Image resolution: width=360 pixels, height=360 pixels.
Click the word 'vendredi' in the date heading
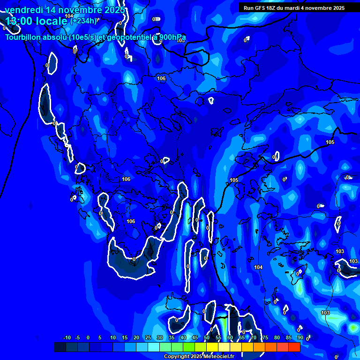tap(23, 10)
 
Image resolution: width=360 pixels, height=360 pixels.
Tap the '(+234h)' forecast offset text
tap(83, 20)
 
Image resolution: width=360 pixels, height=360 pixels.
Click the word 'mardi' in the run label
tap(292, 8)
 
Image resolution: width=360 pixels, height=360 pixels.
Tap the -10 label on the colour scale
tap(67, 337)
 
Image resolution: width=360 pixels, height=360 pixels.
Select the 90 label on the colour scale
tap(300, 337)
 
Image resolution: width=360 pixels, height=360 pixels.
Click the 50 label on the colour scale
tap(206, 337)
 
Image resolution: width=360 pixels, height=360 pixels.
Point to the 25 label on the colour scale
tap(148, 337)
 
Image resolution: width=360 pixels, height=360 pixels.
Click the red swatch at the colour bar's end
tap(294, 347)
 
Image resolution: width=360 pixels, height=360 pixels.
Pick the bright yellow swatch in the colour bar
tap(212, 347)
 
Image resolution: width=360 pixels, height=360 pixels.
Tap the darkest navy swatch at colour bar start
tap(60, 347)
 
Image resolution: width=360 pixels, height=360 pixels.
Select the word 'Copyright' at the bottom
tap(176, 357)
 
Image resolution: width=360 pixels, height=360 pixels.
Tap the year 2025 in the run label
tap(337, 8)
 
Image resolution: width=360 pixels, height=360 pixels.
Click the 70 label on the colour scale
tap(253, 337)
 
